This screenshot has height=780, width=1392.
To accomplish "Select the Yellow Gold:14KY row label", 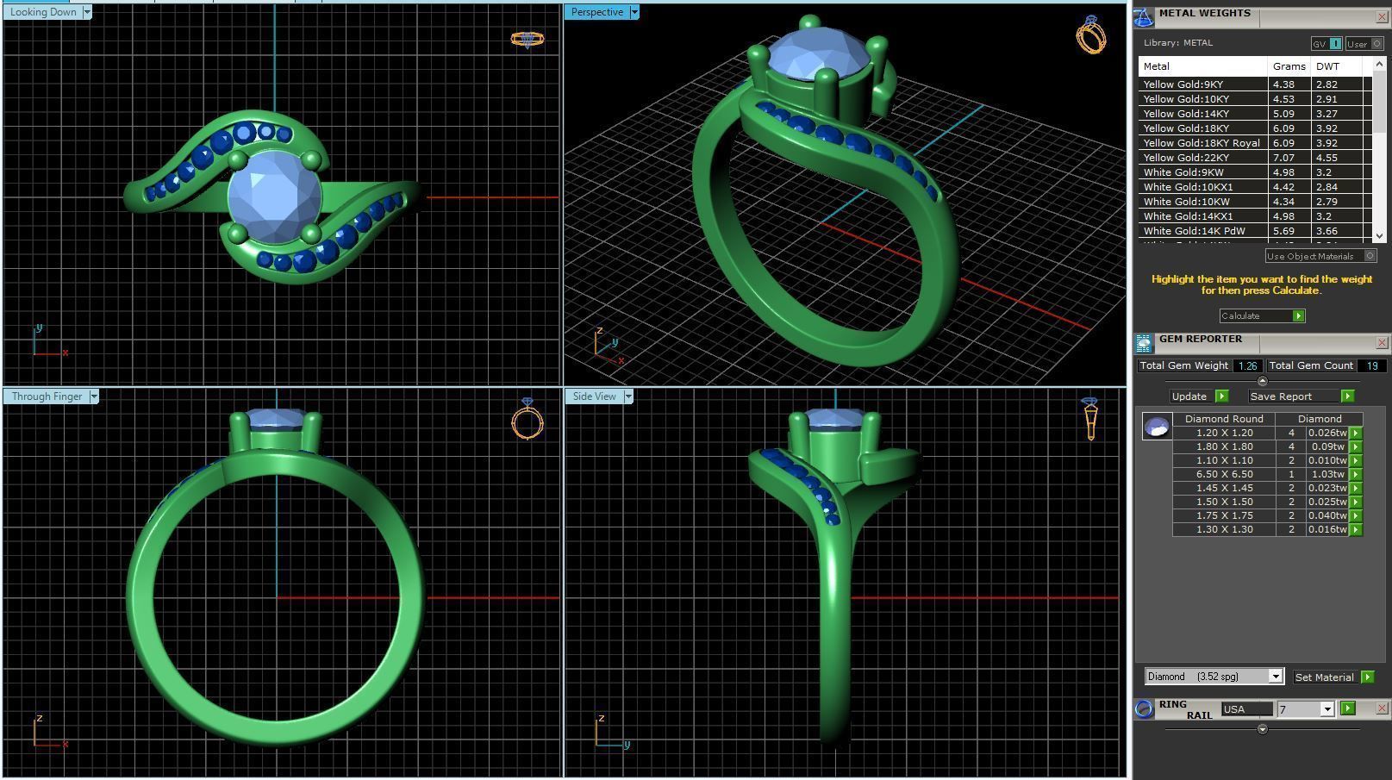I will (1186, 114).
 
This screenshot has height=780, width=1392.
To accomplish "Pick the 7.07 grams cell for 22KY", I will (1283, 158).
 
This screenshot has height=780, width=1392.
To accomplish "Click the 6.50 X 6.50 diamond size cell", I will (1224, 474).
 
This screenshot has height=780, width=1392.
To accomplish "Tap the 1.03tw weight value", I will (1326, 474).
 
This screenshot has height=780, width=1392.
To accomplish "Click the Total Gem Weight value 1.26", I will (1247, 365).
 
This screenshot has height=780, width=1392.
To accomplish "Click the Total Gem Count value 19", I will (1371, 365).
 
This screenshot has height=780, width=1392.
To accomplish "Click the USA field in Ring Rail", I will (1245, 709).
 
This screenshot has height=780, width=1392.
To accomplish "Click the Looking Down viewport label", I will (43, 12).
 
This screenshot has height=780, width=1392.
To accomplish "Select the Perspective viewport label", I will (596, 12).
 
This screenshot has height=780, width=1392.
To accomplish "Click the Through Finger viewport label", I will (47, 396).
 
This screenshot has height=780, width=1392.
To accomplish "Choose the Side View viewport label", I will (594, 396).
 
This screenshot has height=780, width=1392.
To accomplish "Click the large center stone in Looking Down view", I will (274, 196).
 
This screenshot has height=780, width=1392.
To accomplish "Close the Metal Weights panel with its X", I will (1381, 16).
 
